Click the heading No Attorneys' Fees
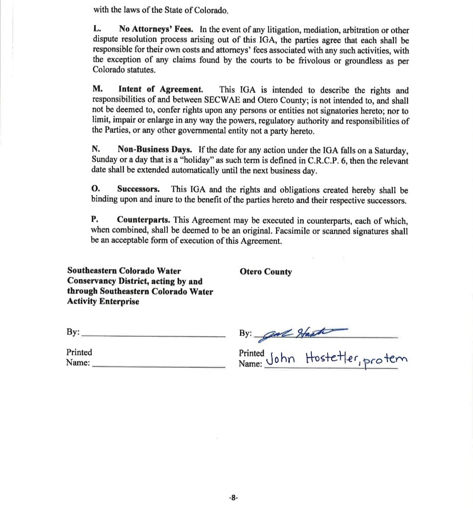[156, 29]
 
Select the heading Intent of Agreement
[161, 90]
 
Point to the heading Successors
[138, 189]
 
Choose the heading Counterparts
[144, 220]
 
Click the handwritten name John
[281, 359]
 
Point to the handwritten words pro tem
[386, 360]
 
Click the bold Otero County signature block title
[265, 272]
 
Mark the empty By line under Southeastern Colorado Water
[154, 335]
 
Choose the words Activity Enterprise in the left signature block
[103, 301]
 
